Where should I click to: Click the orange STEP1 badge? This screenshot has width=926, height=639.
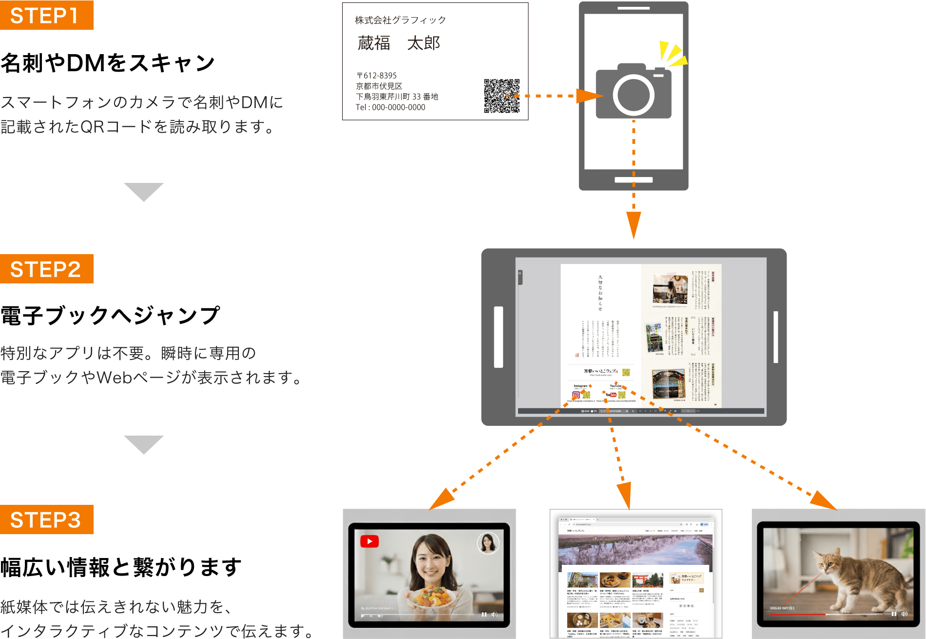tap(46, 15)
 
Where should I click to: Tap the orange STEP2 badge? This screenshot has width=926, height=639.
tap(46, 269)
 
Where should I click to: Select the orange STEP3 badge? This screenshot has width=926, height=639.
tap(46, 519)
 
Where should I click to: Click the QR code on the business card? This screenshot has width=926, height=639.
tap(502, 96)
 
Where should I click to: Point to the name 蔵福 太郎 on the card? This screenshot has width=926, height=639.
tap(399, 43)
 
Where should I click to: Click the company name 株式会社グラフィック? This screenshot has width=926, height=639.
tap(400, 20)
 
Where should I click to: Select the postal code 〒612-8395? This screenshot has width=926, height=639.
tap(377, 76)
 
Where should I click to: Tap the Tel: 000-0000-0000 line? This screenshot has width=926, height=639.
tap(390, 107)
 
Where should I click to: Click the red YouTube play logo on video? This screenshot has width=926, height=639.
tap(369, 541)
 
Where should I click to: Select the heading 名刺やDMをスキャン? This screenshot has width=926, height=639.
tap(108, 63)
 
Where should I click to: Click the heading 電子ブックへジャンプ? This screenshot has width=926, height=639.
tap(110, 316)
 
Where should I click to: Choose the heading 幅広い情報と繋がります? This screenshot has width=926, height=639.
tap(121, 567)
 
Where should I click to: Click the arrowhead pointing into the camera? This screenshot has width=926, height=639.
tap(588, 96)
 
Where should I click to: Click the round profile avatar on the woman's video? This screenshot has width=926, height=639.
tap(487, 543)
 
